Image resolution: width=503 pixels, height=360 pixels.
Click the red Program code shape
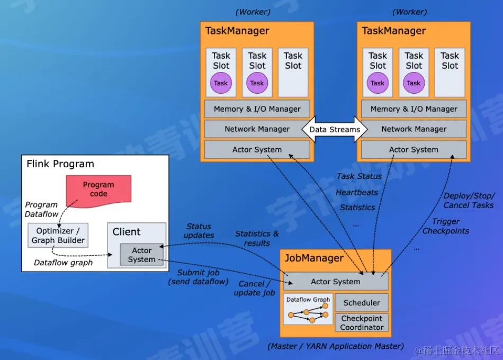coord(98,190)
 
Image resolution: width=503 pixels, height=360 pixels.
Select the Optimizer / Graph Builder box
coord(58,236)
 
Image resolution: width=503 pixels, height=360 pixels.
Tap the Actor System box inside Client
coord(141,255)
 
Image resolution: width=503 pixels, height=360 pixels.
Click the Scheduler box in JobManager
coord(362,303)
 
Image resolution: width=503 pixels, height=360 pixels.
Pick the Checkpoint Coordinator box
coord(362,322)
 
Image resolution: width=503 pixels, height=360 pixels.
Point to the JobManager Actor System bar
coord(336,282)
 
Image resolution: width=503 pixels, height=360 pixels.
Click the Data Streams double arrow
coord(335,129)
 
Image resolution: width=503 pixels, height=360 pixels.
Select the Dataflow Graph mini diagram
coord(308,309)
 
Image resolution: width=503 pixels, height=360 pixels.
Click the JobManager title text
coord(314,258)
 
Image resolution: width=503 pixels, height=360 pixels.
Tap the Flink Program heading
coord(60,164)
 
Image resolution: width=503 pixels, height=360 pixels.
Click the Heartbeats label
coord(356,192)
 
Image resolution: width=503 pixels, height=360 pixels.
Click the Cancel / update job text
coord(254,289)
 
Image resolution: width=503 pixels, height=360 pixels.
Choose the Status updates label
coord(199,231)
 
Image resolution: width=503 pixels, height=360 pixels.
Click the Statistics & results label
coord(257,238)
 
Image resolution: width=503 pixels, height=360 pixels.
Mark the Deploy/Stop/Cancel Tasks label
coord(469,201)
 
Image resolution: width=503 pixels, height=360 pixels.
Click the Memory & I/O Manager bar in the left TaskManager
coord(257,109)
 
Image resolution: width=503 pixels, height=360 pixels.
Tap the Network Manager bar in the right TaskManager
coord(414,129)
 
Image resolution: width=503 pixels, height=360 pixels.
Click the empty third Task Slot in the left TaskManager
coord(293,72)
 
